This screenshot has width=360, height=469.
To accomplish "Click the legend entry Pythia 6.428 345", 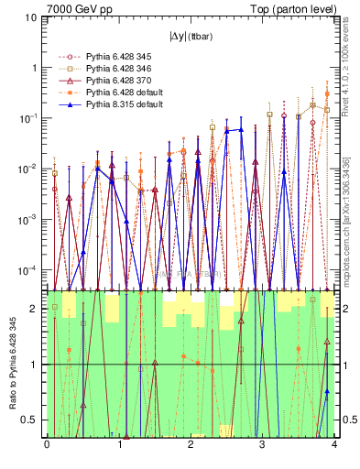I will pos(114,57).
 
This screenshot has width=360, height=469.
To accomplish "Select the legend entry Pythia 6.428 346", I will pos(114,69).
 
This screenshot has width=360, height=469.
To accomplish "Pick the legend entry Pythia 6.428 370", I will pos(114,81).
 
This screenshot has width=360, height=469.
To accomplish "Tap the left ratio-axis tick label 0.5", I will pos(32,420).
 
